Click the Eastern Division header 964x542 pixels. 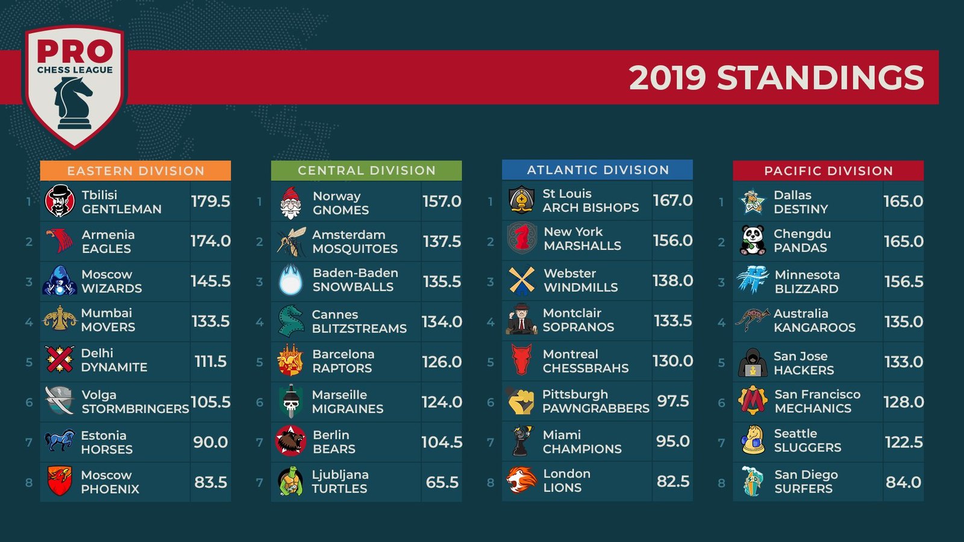(x=136, y=170)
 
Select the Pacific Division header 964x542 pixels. (x=828, y=170)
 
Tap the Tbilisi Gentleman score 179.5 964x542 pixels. (x=210, y=201)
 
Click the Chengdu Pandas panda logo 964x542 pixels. (x=753, y=240)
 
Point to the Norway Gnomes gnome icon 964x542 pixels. (x=290, y=202)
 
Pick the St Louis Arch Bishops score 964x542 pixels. (x=672, y=201)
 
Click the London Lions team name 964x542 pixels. (x=566, y=481)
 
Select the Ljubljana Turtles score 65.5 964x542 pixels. (x=442, y=482)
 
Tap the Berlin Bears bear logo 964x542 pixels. (x=290, y=441)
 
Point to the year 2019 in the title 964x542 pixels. (x=667, y=78)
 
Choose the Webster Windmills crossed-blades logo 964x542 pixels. (x=521, y=281)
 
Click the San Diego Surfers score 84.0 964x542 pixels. (x=903, y=482)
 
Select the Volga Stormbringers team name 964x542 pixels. (x=135, y=402)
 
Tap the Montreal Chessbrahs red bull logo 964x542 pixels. (x=521, y=360)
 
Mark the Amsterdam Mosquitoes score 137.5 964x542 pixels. (x=442, y=241)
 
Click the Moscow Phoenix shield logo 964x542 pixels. (x=59, y=481)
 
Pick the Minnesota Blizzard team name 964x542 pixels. (x=807, y=281)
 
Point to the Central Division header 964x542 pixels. (x=366, y=170)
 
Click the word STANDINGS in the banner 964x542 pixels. (x=820, y=78)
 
